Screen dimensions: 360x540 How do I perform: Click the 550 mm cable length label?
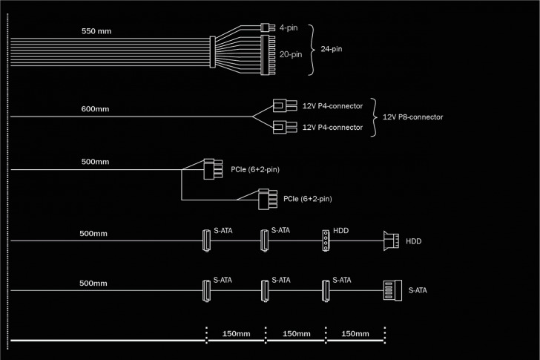click(96, 32)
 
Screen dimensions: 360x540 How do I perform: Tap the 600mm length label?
click(95, 109)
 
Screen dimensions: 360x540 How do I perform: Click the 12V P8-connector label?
click(412, 117)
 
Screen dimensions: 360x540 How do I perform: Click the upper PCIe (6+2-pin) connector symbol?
click(214, 169)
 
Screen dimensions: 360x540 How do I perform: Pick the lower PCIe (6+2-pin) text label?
click(307, 199)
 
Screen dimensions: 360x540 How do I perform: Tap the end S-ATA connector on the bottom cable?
click(390, 290)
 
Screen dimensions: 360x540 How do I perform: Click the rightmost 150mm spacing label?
click(355, 333)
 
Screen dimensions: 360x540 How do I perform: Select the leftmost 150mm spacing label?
click(235, 333)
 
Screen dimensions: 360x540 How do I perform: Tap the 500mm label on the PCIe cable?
click(94, 161)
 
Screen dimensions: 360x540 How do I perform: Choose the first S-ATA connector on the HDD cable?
click(205, 240)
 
